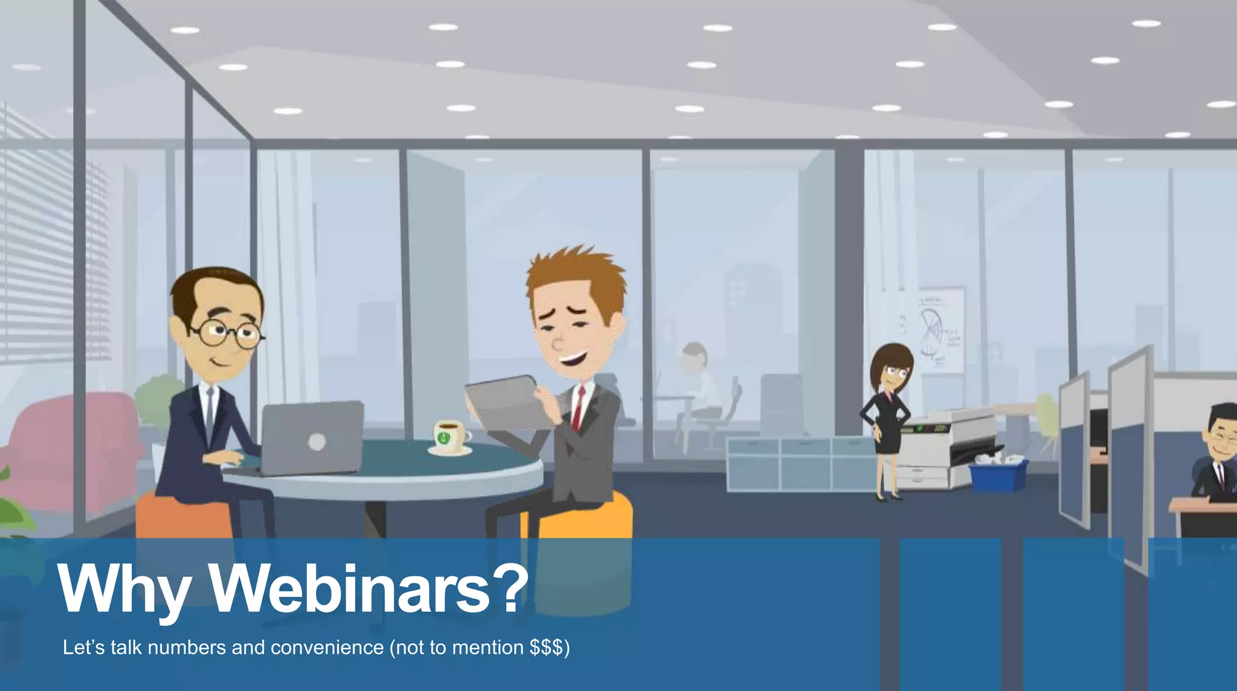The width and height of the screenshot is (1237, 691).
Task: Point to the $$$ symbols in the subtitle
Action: [547, 648]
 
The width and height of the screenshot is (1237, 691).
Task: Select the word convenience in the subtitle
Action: [327, 648]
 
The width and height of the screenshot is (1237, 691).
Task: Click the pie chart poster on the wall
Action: [939, 329]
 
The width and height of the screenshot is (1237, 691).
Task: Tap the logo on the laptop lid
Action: [316, 442]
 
